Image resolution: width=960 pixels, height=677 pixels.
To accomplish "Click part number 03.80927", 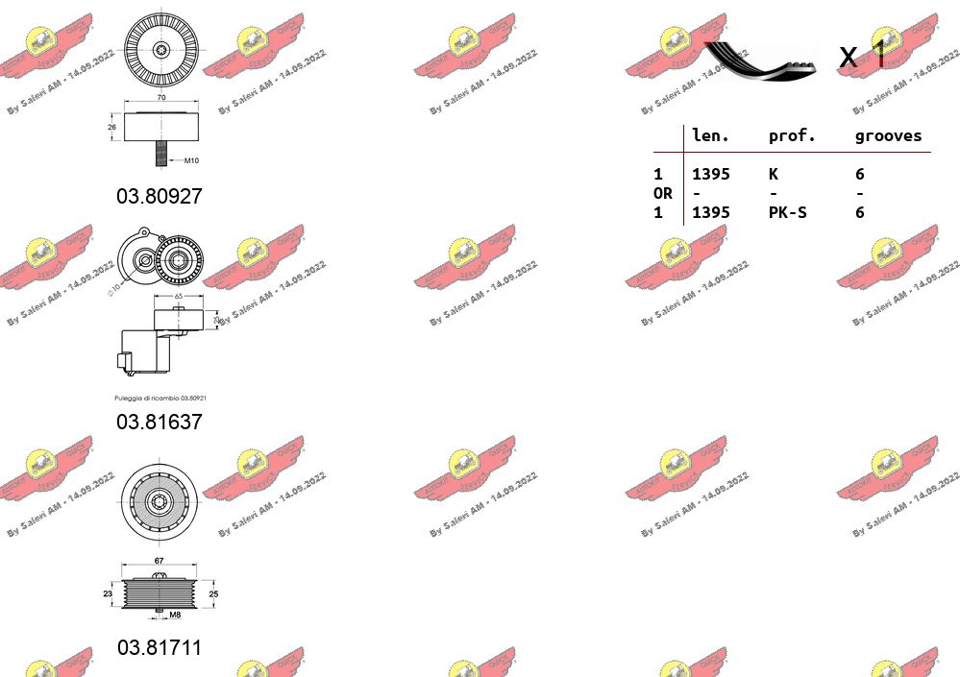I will pos(160,196).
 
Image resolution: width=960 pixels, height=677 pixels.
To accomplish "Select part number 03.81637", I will pos(160,422).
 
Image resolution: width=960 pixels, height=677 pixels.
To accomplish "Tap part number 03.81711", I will pos(160,647).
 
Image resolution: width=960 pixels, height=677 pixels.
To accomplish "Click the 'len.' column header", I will pos(711,136).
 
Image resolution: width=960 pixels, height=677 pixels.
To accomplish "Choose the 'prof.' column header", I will pos(792,136).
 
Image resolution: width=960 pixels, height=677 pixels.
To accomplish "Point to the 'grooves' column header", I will pos(888,136).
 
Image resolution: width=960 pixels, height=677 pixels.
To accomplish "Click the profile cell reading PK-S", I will pos(787,212).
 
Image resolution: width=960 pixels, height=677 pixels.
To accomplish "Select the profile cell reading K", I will pos(773,174).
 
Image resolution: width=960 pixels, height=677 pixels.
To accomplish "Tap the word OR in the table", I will pos(662,193).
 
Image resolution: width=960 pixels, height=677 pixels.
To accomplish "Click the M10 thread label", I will pos(191,161).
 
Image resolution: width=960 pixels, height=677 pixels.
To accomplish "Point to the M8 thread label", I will pos(175,616).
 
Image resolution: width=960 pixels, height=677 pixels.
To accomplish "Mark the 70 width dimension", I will pos(160,99).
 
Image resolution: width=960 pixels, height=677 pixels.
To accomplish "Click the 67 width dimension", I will pos(160,561).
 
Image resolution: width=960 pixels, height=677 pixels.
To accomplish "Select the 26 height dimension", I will pos(111,126).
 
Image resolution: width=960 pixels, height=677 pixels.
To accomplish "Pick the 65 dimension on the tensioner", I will pos(179,298).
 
